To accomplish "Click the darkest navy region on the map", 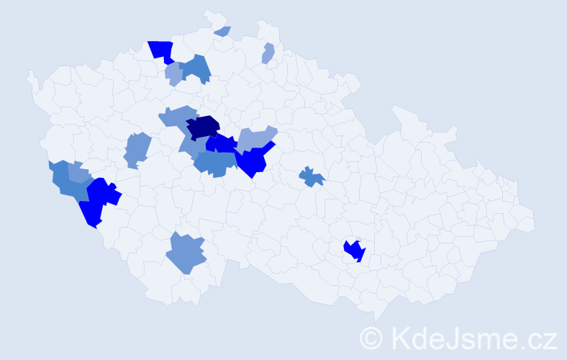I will pos(204,126).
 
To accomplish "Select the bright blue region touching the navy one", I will pos(222,144).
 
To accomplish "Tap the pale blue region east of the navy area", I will pos(255,138).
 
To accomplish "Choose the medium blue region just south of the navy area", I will pos(214,163).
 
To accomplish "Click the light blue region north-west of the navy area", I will pos(176,116).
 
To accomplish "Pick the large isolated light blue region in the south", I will pos(186,253).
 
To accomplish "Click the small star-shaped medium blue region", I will pos(312,176).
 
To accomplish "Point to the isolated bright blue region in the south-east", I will pos(354,251).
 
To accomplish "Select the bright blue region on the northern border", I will pos(162,50).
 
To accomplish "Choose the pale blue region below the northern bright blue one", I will pos(173,73).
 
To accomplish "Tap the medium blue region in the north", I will pos(196,68).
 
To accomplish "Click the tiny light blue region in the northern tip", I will pos(222,31).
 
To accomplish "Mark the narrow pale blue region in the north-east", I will pos(268,53).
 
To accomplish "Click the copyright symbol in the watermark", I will pos(371,338).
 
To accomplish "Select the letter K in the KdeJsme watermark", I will pos(399,337).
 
